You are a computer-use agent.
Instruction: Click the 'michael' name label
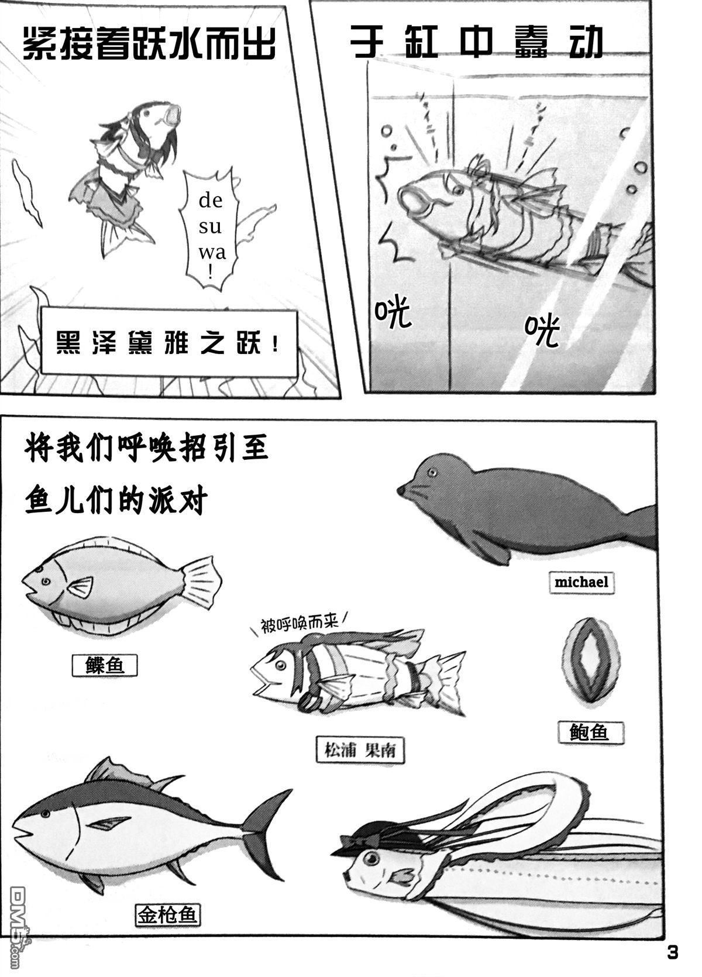click(581, 582)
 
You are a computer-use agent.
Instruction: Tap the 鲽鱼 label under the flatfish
click(105, 665)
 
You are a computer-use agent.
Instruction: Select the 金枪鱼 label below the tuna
click(167, 914)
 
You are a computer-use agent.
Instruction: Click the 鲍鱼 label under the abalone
click(589, 731)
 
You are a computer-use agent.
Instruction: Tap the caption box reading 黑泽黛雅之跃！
click(168, 343)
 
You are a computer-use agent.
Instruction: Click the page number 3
click(673, 952)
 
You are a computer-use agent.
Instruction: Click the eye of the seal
click(432, 472)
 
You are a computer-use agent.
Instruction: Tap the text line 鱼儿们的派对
click(117, 501)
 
